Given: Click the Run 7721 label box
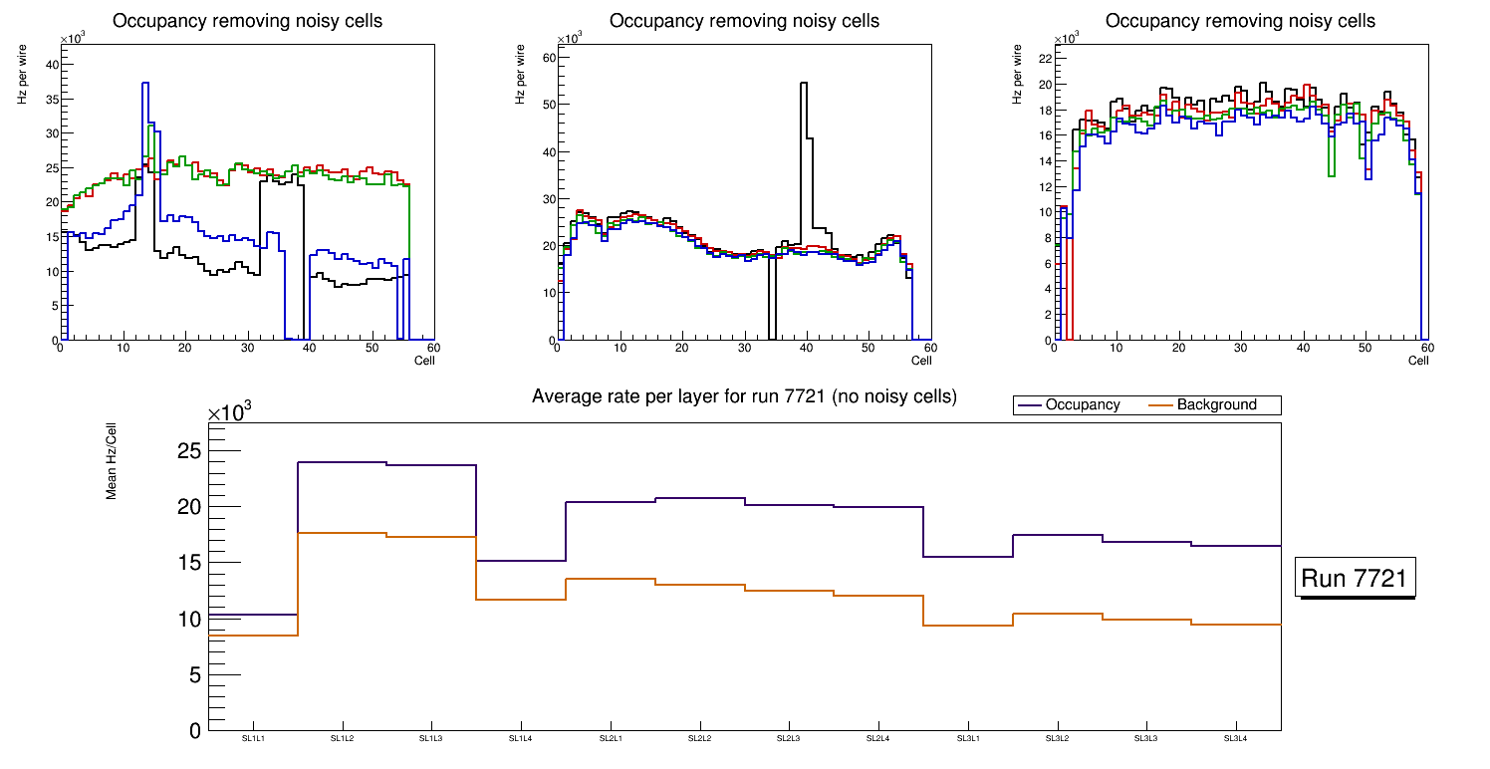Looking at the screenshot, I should click(x=1355, y=578).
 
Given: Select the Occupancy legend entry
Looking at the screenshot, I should click(x=1082, y=405).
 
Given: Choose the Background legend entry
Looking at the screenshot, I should click(x=1216, y=405).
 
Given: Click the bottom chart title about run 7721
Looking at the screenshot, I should click(x=744, y=396).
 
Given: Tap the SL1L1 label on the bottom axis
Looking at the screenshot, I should click(x=254, y=738).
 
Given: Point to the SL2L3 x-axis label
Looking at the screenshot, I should click(x=789, y=738).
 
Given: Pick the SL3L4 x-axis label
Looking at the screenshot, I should click(x=1235, y=738).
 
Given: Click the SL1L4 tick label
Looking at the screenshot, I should click(x=521, y=738).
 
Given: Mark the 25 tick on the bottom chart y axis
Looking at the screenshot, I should click(x=188, y=451).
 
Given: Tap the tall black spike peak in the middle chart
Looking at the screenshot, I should click(x=804, y=84).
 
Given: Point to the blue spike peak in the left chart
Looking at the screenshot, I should click(x=145, y=84).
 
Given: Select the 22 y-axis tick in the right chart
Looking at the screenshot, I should click(x=1044, y=58).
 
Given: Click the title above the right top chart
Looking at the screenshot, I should click(x=1240, y=21).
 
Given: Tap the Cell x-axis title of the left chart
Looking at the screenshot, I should click(x=424, y=361).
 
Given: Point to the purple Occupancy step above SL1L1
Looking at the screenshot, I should click(x=253, y=615).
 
